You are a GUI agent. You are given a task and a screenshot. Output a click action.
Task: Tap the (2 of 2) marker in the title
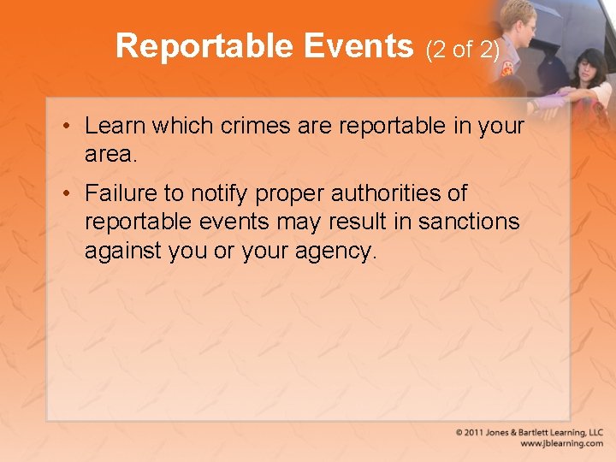tap(462, 50)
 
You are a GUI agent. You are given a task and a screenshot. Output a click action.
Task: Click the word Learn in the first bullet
tap(115, 126)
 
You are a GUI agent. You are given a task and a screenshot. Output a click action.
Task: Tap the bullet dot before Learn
tap(66, 127)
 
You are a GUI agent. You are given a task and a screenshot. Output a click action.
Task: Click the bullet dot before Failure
tap(66, 195)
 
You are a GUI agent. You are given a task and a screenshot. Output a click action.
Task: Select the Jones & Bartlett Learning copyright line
tap(529, 433)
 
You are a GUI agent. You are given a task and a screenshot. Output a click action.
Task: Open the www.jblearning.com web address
tap(561, 444)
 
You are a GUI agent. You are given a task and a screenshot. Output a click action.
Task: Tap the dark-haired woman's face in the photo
tap(589, 68)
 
